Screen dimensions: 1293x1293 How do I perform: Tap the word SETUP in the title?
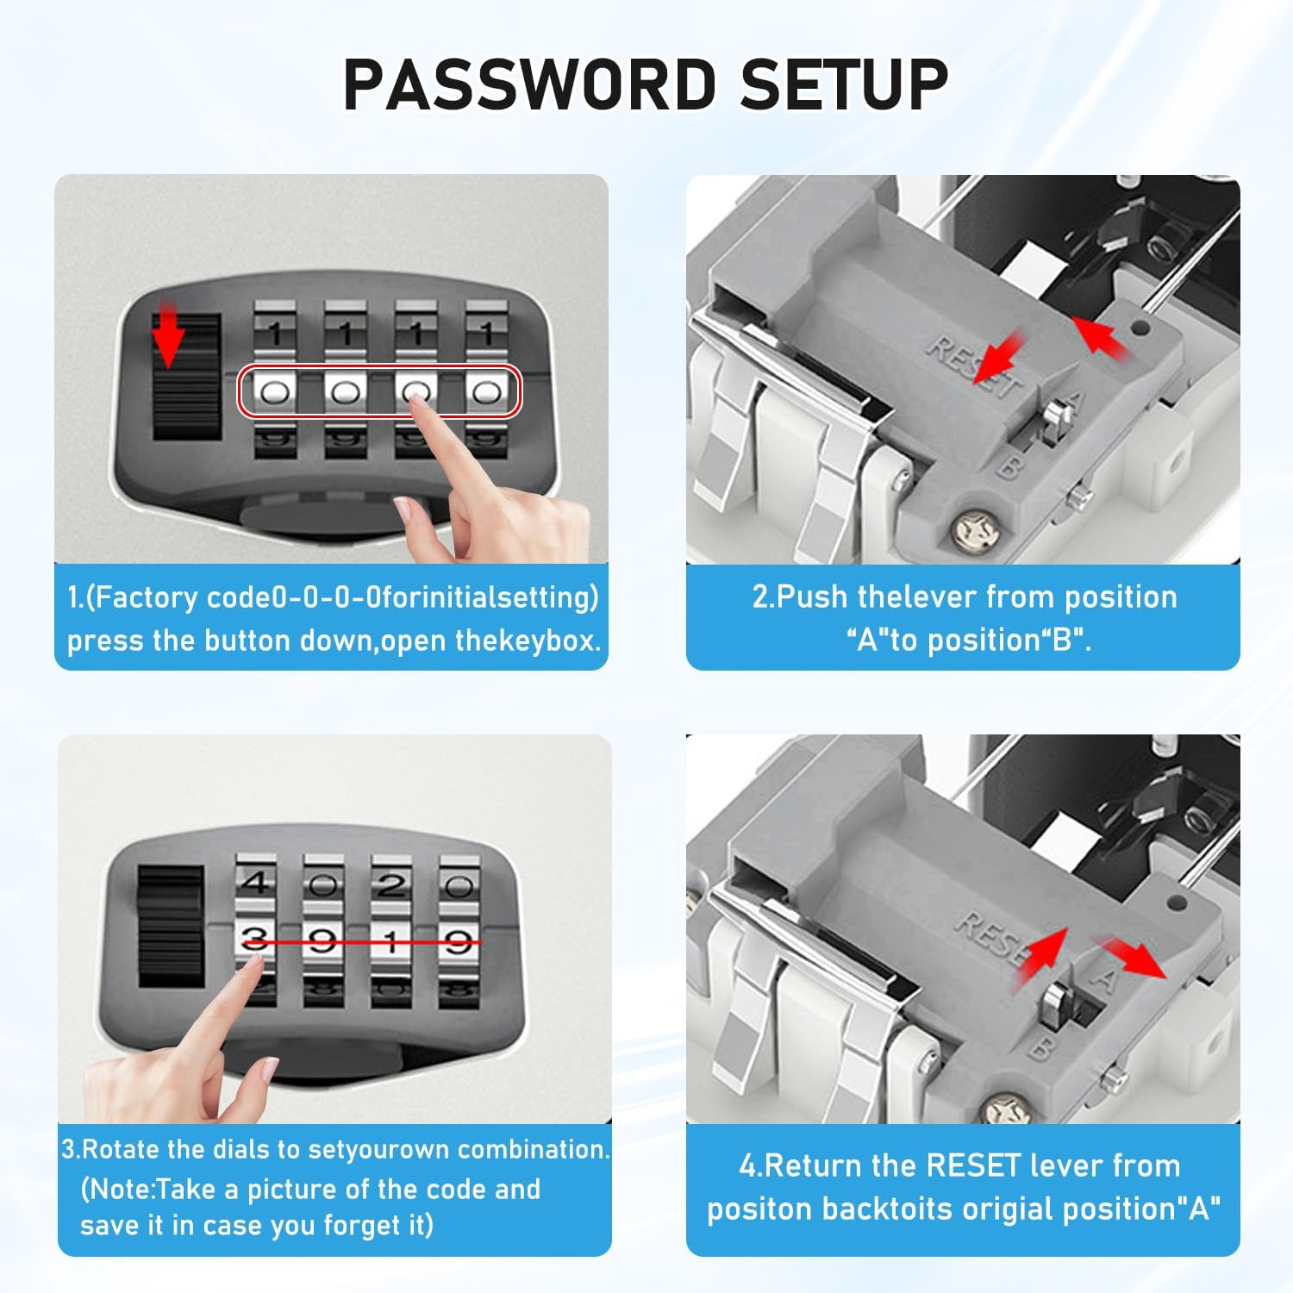[843, 84]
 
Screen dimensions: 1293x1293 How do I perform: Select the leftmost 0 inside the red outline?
[274, 393]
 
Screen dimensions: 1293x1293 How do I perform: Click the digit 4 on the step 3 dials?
[255, 883]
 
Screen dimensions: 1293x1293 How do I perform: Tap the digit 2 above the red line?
[391, 884]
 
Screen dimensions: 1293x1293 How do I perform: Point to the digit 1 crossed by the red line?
[391, 940]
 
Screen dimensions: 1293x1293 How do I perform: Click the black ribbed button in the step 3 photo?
[170, 927]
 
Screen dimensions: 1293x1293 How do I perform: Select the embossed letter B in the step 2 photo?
[1011, 466]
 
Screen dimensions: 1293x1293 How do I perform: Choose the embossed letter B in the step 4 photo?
[1041, 1048]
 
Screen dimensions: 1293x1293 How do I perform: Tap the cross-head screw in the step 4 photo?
[1004, 1109]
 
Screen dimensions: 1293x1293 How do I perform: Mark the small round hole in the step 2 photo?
[1140, 328]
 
